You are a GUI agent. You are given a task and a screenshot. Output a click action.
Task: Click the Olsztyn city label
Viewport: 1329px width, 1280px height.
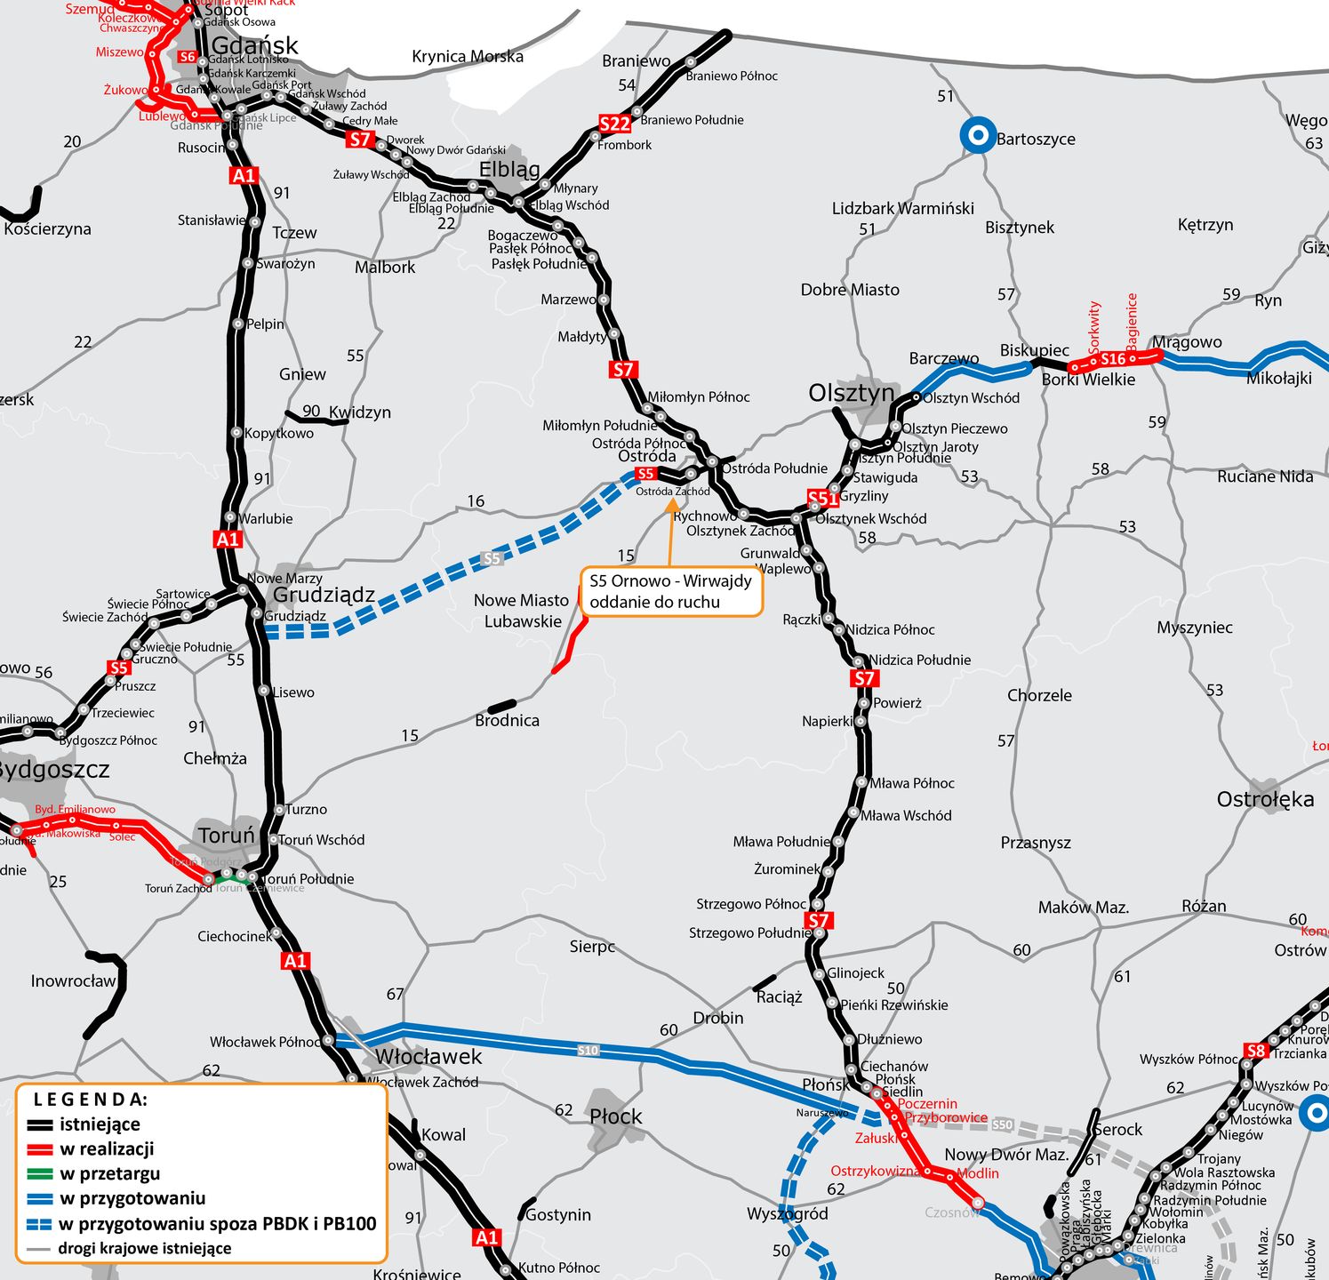pyautogui.click(x=851, y=392)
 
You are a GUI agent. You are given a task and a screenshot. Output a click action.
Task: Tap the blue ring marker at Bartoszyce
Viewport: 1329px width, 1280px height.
pyautogui.click(x=978, y=136)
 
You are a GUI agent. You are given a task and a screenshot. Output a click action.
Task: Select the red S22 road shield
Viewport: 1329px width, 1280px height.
pyautogui.click(x=614, y=124)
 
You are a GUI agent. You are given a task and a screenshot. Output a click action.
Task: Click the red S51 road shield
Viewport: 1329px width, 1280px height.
pyautogui.click(x=822, y=498)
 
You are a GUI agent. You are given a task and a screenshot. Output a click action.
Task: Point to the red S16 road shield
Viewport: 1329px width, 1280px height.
pyautogui.click(x=1113, y=359)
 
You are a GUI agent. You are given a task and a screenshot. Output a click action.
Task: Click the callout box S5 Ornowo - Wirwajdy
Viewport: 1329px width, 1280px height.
pyautogui.click(x=671, y=592)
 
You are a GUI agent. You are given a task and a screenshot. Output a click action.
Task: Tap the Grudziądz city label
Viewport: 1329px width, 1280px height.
pyautogui.click(x=324, y=595)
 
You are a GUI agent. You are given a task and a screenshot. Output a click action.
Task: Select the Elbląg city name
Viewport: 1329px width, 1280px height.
pyautogui.click(x=509, y=169)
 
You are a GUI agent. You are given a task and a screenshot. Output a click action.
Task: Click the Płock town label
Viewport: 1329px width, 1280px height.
pyautogui.click(x=615, y=1116)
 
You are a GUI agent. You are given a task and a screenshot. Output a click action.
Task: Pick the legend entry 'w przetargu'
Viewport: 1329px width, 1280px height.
pyautogui.click(x=110, y=1173)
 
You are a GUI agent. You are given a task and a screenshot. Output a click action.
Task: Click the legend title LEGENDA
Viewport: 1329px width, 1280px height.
pyautogui.click(x=91, y=1100)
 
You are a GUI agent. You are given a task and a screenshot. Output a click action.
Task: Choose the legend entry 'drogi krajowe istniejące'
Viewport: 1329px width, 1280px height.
pyautogui.click(x=144, y=1248)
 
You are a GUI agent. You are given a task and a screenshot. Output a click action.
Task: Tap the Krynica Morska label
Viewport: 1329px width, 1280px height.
pyautogui.click(x=468, y=57)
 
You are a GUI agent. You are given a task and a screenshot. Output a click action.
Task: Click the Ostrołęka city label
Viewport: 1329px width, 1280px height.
pyautogui.click(x=1265, y=799)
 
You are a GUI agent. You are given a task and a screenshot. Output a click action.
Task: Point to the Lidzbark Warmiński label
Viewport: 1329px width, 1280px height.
pyautogui.click(x=902, y=208)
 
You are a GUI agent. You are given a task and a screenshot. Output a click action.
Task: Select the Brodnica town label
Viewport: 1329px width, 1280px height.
pyautogui.click(x=507, y=720)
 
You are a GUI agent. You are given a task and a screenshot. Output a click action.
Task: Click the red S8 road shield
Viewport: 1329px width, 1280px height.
pyautogui.click(x=1255, y=1051)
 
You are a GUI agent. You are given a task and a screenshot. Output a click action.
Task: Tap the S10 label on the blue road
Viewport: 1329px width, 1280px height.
pyautogui.click(x=588, y=1050)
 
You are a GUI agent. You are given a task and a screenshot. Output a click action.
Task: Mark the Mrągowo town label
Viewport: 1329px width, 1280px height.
pyautogui.click(x=1187, y=342)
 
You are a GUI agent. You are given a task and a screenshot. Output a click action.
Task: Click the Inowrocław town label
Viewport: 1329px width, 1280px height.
pyautogui.click(x=74, y=981)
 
